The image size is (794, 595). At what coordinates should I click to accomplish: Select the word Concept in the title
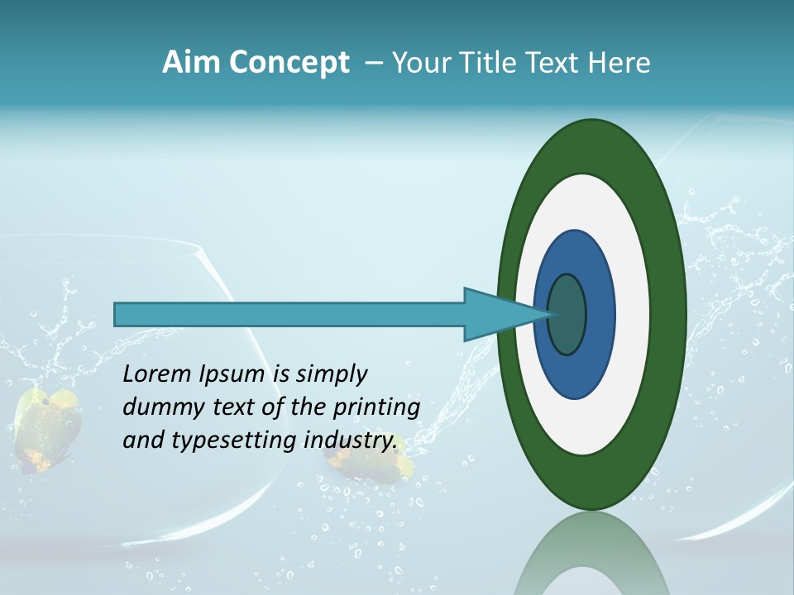coord(289,64)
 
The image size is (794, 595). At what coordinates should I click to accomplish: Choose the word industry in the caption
coord(351,440)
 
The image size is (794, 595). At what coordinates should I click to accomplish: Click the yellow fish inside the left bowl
coord(48,426)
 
